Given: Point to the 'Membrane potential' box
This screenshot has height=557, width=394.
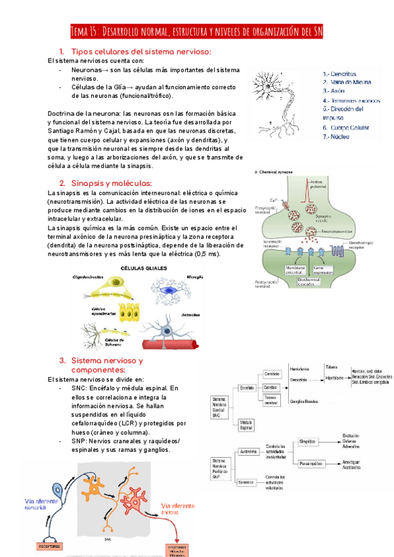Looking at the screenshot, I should [282, 270].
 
